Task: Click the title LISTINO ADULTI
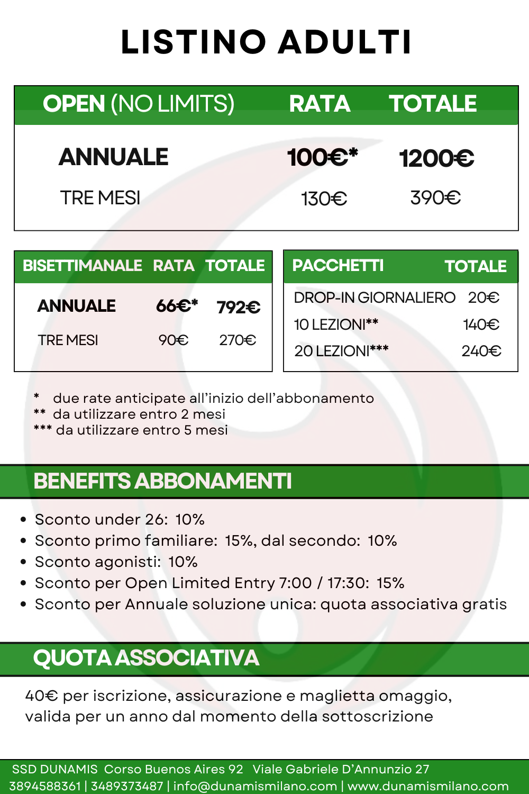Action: tap(266, 42)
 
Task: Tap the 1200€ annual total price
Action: tap(436, 158)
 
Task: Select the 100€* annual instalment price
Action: tap(322, 157)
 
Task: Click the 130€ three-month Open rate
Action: tap(324, 199)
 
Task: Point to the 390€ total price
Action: tap(435, 198)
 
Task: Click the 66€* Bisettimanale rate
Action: tap(177, 306)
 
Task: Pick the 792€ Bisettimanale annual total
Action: tap(239, 307)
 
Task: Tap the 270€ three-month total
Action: tap(238, 340)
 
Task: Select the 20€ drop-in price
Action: tap(484, 297)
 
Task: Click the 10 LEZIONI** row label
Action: tap(336, 324)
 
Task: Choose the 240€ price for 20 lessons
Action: tap(481, 351)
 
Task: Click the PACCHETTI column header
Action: tap(338, 265)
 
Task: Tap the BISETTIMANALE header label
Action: tap(82, 265)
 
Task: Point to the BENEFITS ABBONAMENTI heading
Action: tap(162, 481)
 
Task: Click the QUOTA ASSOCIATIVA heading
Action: tap(146, 658)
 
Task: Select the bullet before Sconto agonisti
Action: tap(23, 562)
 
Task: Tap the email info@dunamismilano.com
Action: tap(255, 786)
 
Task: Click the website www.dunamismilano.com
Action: tap(428, 786)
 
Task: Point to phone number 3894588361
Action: tap(45, 786)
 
